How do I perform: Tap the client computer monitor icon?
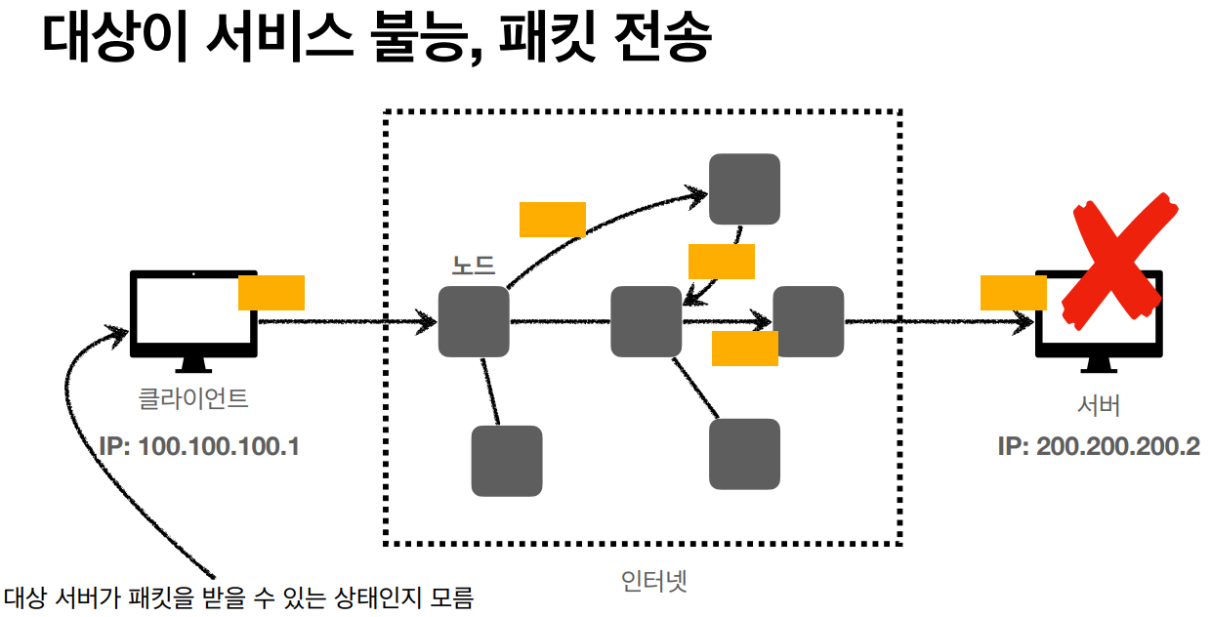[193, 314]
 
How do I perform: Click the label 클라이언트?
[193, 398]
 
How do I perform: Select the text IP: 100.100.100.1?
[199, 447]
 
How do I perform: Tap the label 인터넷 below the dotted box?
[654, 582]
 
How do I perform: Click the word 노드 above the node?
[474, 265]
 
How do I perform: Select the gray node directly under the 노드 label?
[474, 321]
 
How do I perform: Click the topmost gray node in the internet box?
[744, 189]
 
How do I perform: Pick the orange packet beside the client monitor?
[271, 293]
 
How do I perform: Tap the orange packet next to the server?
[1013, 293]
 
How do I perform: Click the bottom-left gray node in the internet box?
[507, 461]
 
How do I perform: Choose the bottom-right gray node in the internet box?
[744, 454]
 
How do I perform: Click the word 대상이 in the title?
[109, 39]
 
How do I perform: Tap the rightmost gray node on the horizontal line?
[809, 321]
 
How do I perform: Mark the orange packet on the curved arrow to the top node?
[552, 220]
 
